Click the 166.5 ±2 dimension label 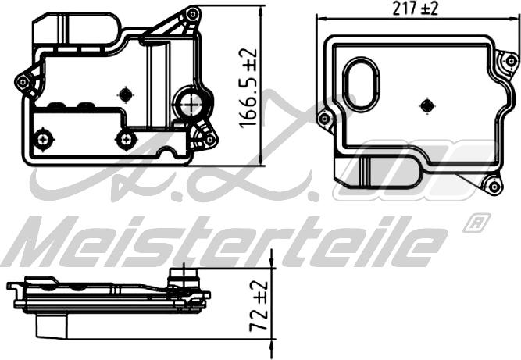coord(249,88)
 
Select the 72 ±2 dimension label coord(259,307)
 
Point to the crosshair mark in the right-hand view coord(426,105)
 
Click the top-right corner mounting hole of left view coord(191,14)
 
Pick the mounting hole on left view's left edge coord(23,82)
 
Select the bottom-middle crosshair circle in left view coord(125,140)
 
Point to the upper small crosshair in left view coord(125,94)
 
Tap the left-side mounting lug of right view coord(324,119)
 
